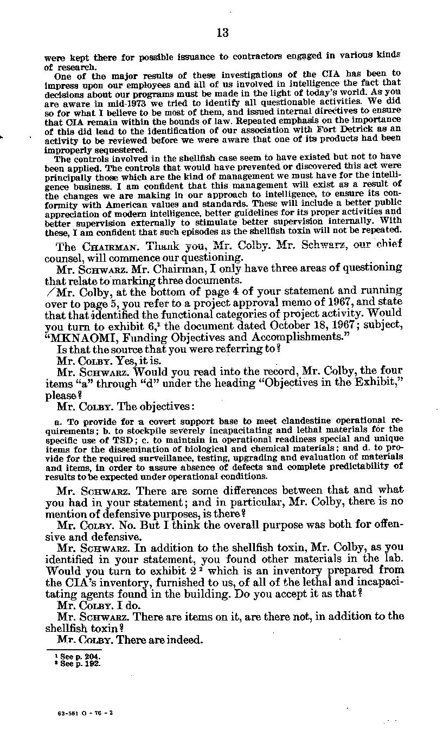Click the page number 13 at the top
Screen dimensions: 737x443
coord(222,33)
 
